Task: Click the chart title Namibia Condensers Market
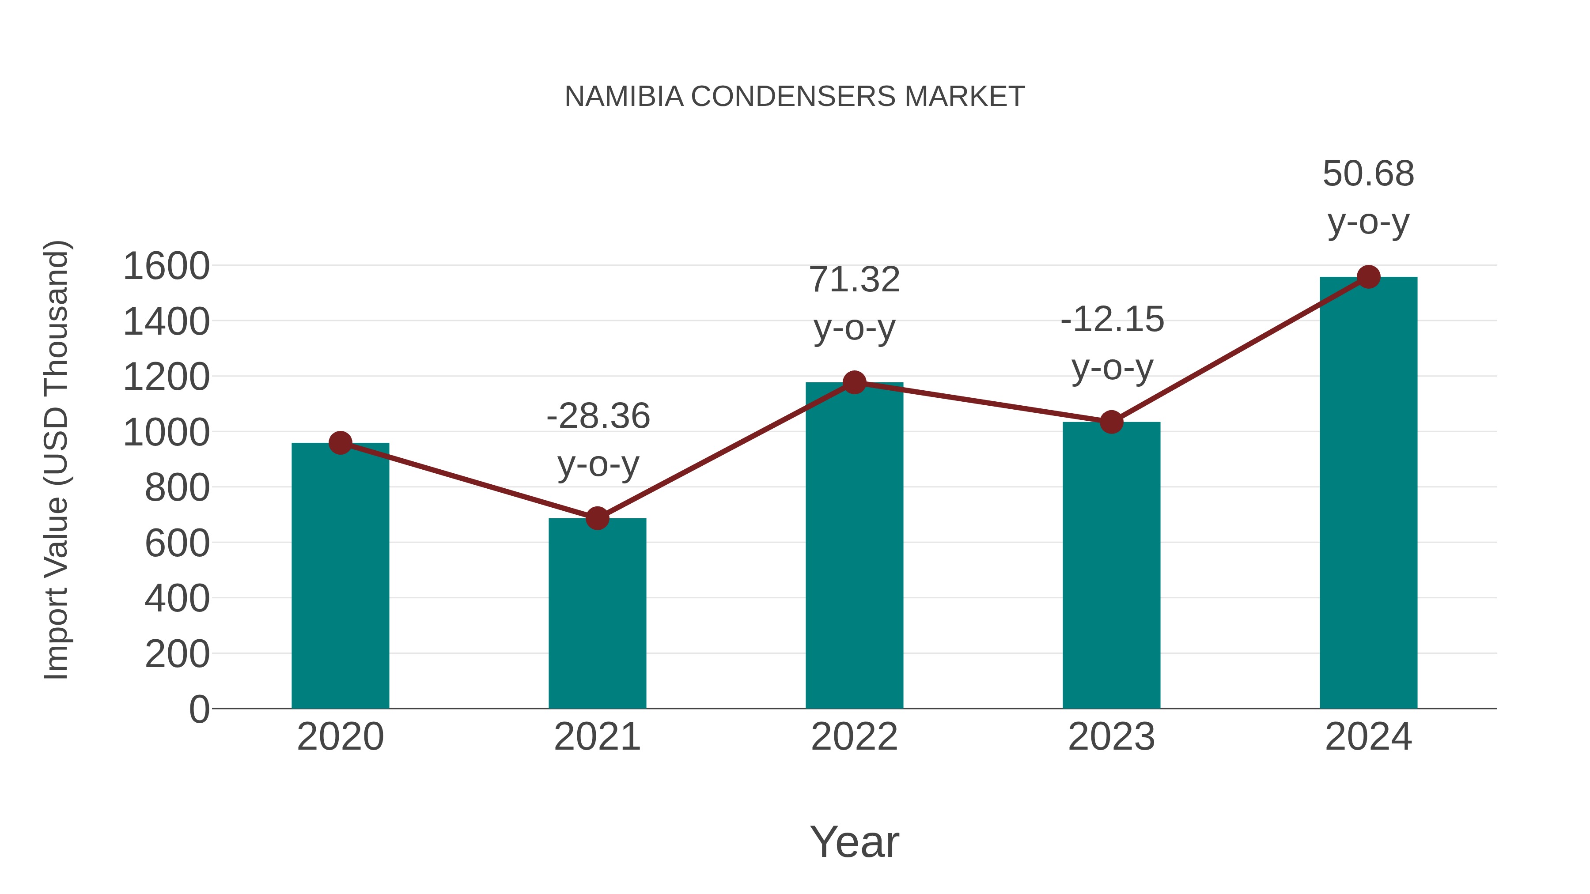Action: (x=795, y=97)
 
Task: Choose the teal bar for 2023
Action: (x=1111, y=565)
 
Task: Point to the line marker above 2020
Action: (x=340, y=442)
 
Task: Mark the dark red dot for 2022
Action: (x=854, y=382)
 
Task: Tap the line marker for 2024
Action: (x=1368, y=277)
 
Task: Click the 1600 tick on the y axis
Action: (x=166, y=267)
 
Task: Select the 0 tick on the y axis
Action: (x=199, y=709)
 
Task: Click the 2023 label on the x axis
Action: (x=1111, y=737)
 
